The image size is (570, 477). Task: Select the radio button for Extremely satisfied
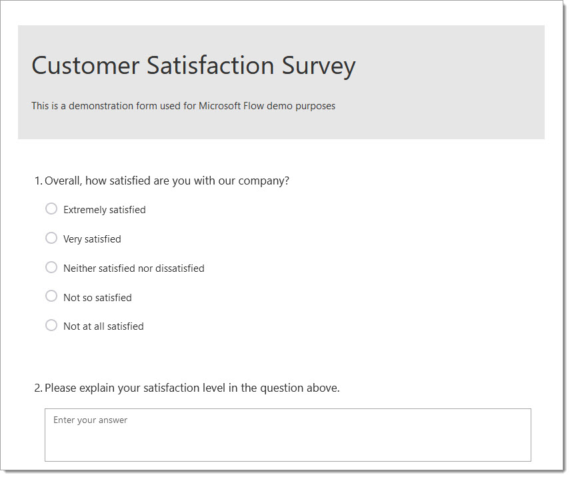coord(51,209)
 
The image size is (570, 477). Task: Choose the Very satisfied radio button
coord(51,238)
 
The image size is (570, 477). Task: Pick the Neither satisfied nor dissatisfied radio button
coord(51,267)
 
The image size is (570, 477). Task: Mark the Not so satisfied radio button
coord(51,296)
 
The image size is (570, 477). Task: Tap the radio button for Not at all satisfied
coord(51,325)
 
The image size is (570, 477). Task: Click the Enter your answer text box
coord(287,435)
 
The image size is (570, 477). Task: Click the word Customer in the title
coord(85,66)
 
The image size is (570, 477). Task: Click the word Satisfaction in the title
coord(211,65)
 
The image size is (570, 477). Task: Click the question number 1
coord(38,181)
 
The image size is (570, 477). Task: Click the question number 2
coord(38,388)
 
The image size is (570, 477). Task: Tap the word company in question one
coord(262,181)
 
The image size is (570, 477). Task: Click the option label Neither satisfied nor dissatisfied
coord(134,268)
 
